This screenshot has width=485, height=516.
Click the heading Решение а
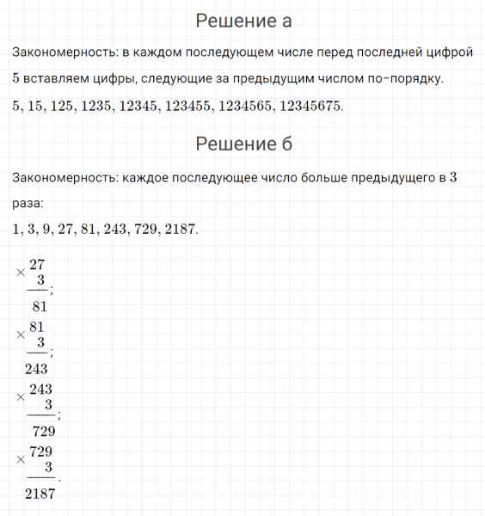click(243, 21)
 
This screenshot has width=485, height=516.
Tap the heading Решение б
click(243, 144)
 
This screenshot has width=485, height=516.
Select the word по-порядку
click(404, 79)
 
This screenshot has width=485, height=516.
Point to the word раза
click(28, 204)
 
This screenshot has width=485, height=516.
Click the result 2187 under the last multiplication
click(40, 494)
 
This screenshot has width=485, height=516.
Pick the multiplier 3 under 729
click(48, 467)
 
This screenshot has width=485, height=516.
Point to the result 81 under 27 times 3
click(38, 304)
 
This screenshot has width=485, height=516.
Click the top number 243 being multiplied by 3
click(40, 389)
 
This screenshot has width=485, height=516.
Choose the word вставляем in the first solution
click(58, 79)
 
